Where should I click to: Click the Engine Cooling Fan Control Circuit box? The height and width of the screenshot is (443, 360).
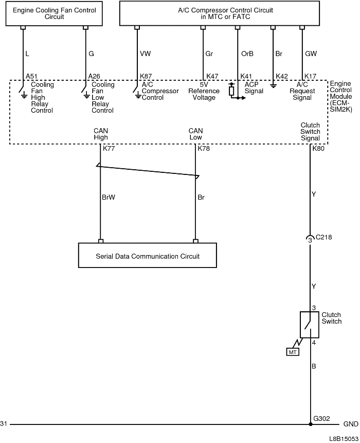[54, 13]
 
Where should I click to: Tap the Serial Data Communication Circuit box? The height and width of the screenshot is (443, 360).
[148, 256]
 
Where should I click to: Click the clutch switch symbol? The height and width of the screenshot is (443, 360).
[310, 324]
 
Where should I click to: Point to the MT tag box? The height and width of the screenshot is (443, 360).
[292, 352]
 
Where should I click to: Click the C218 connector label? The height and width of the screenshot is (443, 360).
[323, 238]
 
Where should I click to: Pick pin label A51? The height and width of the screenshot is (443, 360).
[31, 76]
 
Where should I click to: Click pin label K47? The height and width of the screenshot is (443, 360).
[212, 76]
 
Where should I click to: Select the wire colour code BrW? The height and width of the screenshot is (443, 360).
[109, 197]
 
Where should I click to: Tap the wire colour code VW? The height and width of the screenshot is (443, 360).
[146, 54]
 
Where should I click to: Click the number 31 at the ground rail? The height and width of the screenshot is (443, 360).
[4, 424]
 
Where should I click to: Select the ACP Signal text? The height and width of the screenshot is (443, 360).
[254, 88]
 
